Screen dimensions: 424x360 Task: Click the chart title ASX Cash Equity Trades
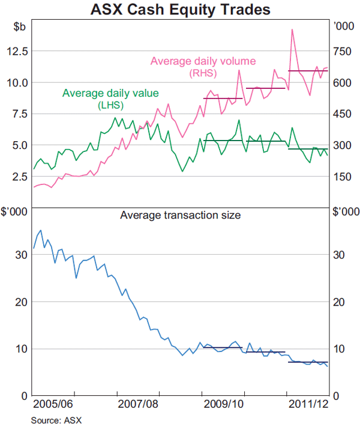(x=180, y=10)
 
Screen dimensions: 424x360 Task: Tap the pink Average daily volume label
(x=203, y=61)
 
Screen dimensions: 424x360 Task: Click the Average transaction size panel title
(x=180, y=214)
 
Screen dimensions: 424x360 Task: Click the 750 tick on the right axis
(x=343, y=52)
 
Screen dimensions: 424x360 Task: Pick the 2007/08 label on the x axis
(x=138, y=405)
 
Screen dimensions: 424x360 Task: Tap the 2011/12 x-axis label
(x=308, y=405)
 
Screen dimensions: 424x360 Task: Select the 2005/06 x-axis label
(x=53, y=405)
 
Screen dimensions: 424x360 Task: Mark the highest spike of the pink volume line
(x=292, y=29)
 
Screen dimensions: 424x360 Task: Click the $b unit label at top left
(x=19, y=26)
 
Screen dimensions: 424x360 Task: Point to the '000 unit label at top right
(x=343, y=26)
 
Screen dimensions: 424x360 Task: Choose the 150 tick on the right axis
(x=343, y=177)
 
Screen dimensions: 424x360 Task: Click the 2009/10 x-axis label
(x=223, y=405)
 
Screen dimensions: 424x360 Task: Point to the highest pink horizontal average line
(x=308, y=71)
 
